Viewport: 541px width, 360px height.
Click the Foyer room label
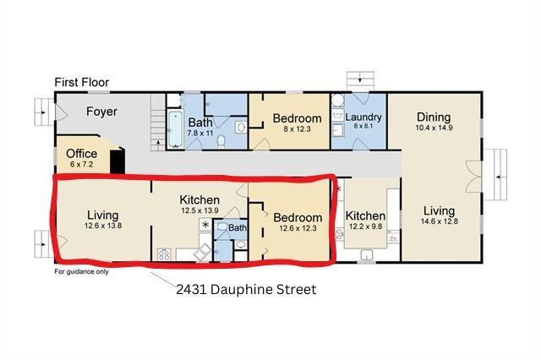pos(101,112)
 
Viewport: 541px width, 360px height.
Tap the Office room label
pos(81,154)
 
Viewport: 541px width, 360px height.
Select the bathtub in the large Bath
pos(175,129)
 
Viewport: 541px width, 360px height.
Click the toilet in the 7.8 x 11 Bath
pos(221,142)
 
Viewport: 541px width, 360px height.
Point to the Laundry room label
pos(363,117)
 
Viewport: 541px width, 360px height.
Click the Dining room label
pos(434,117)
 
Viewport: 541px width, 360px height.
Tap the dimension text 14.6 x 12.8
pos(440,221)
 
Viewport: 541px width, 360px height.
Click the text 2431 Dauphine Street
pos(246,289)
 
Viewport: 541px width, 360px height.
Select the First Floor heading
pos(82,82)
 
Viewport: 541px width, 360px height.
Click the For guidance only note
pos(81,272)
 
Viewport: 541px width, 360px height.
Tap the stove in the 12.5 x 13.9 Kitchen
pos(164,254)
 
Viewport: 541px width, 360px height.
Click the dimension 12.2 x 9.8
pos(365,226)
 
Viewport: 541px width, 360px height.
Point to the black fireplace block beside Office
pos(117,161)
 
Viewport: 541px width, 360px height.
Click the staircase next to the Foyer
pos(158,123)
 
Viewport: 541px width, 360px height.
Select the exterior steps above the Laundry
pos(360,81)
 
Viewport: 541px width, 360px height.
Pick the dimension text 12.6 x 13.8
pos(103,226)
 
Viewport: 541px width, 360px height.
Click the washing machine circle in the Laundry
pos(338,101)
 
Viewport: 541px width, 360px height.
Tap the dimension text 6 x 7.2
pos(81,164)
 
